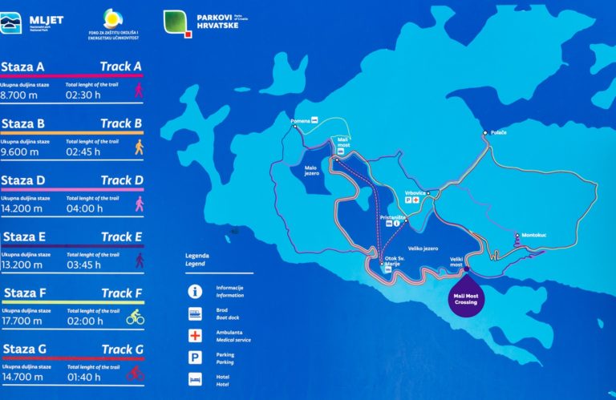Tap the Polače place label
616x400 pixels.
click(497, 131)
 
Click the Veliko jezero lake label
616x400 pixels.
click(422, 248)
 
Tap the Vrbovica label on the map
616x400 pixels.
click(415, 193)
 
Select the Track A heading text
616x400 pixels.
click(121, 67)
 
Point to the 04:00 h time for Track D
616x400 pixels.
click(83, 208)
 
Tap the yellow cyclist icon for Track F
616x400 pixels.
click(135, 318)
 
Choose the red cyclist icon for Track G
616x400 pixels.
click(135, 374)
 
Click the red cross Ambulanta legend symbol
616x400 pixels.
click(193, 334)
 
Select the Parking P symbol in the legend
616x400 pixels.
click(193, 357)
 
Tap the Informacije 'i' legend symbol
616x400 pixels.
click(193, 290)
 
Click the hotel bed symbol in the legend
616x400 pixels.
click(193, 378)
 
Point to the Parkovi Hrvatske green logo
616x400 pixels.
click(178, 22)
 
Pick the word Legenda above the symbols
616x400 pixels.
click(197, 256)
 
